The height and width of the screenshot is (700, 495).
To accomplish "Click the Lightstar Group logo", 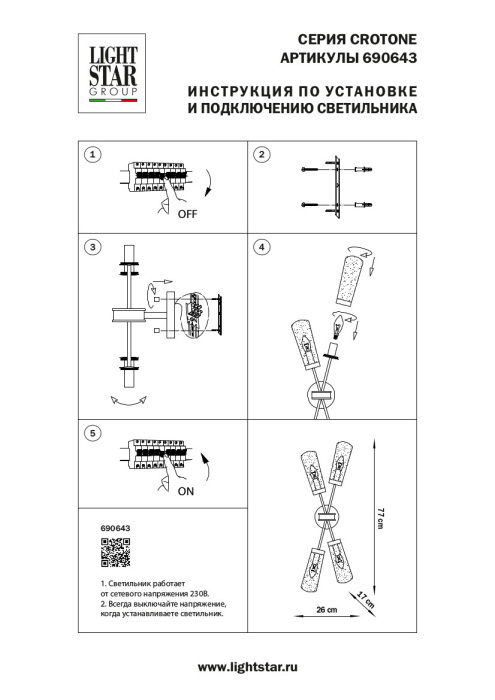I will pyautogui.click(x=110, y=66).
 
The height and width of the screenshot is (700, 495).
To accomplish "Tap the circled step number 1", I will pyautogui.click(x=92, y=154).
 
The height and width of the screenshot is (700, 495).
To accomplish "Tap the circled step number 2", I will pyautogui.click(x=262, y=154).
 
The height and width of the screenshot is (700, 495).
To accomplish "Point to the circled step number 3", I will pyautogui.click(x=92, y=246).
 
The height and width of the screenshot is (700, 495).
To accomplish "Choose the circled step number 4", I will pyautogui.click(x=262, y=246).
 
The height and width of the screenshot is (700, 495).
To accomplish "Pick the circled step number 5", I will pyautogui.click(x=92, y=433).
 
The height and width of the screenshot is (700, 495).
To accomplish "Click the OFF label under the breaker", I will pyautogui.click(x=188, y=214).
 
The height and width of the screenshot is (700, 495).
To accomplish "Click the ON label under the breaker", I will pyautogui.click(x=186, y=493).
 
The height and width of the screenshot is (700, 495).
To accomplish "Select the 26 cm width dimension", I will pyautogui.click(x=324, y=609).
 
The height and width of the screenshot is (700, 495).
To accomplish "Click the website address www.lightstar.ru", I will pyautogui.click(x=247, y=666).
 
